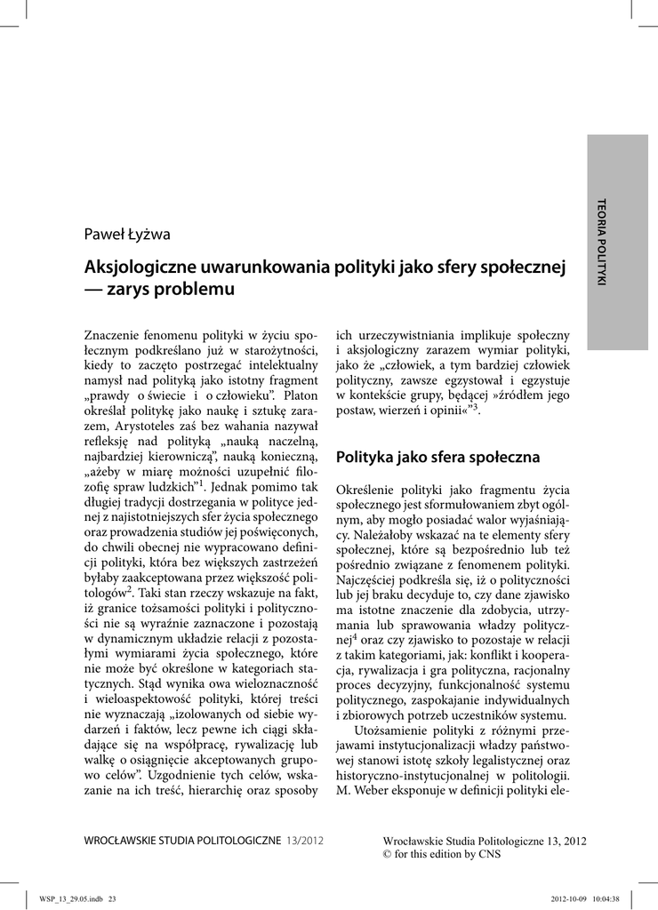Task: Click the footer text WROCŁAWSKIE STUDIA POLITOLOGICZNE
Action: click(181, 839)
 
